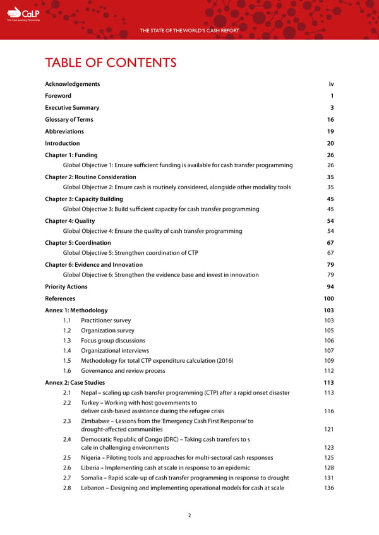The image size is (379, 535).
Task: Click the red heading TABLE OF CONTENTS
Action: click(x=111, y=62)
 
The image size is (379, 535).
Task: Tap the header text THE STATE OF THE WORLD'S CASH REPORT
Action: click(x=189, y=30)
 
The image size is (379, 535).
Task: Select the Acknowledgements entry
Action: click(x=72, y=84)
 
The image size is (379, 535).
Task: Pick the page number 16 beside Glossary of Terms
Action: click(x=330, y=120)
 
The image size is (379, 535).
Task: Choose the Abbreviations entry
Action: click(x=64, y=132)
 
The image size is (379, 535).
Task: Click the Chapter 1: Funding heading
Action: click(x=71, y=155)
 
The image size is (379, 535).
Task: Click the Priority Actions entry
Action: click(x=66, y=286)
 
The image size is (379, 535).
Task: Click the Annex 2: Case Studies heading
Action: click(x=75, y=382)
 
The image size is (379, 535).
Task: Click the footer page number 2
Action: click(x=189, y=515)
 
